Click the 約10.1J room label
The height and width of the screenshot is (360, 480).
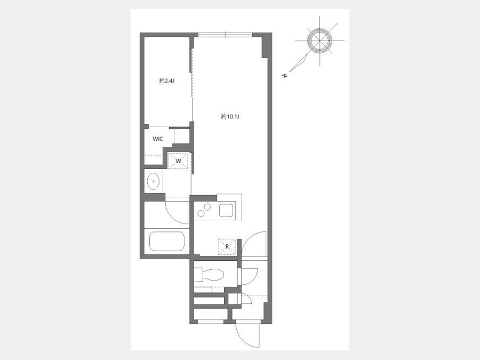point(230,117)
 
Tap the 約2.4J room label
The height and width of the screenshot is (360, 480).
point(167,81)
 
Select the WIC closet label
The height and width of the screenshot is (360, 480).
point(158,139)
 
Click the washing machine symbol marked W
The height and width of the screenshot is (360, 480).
point(178,161)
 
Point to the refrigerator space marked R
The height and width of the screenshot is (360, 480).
point(227,247)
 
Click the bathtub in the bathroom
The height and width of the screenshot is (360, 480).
point(167,241)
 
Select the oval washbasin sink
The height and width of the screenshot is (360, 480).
point(154,181)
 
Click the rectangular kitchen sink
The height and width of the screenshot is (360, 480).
point(226,210)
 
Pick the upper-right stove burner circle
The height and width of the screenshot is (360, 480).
point(207,207)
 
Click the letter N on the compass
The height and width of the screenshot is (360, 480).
point(285,76)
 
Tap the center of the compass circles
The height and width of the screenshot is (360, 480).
point(320,41)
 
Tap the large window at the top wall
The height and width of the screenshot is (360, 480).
point(225,35)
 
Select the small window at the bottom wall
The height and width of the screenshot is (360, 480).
point(211,322)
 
